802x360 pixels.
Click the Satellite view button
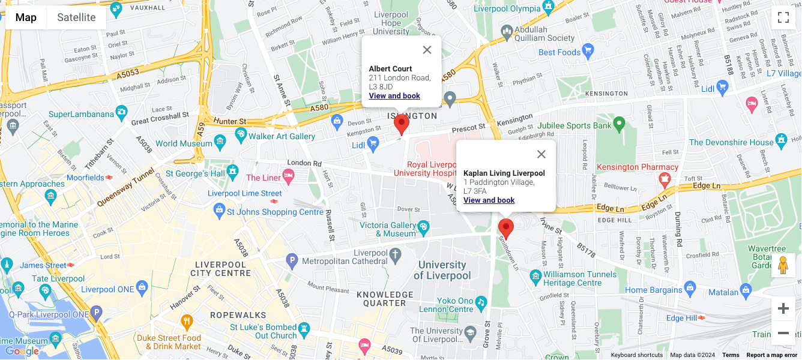(76, 17)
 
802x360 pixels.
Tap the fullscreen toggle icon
(783, 17)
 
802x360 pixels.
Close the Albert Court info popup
(427, 50)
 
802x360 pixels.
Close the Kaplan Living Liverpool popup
(541, 154)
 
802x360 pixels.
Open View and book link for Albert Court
(394, 96)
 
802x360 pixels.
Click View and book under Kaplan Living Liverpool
(489, 200)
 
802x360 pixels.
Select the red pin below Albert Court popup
(402, 124)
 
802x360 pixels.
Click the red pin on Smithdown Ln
(506, 229)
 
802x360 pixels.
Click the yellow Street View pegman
(783, 265)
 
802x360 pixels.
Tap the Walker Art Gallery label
(282, 136)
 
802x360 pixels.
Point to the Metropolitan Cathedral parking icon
(292, 261)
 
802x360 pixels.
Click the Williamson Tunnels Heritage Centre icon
(535, 276)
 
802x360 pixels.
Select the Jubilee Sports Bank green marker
(619, 125)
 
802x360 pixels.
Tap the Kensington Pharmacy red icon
(664, 179)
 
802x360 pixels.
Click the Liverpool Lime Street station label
(244, 193)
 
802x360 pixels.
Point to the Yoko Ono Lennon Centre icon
(480, 302)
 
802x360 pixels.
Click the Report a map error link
(771, 355)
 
